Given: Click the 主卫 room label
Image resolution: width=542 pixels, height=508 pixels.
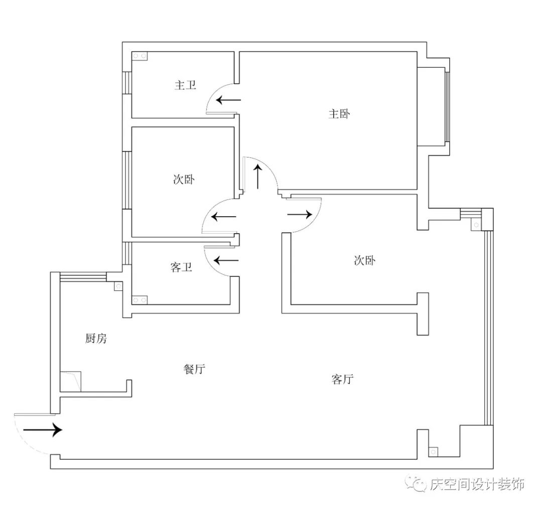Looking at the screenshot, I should (185, 85).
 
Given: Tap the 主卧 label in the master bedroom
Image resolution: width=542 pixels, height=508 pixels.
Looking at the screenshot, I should (339, 114).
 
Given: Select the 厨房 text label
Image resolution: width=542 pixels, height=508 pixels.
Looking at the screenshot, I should (95, 339).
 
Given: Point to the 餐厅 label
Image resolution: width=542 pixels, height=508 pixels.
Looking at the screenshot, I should (194, 370).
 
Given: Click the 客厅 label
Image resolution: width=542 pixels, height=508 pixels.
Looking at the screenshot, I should (343, 379).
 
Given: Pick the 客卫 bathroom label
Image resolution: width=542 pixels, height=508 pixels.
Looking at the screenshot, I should (181, 268).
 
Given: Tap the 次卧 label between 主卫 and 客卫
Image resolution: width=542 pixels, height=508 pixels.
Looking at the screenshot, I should (183, 180).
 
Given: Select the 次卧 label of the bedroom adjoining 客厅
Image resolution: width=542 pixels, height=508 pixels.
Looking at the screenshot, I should (365, 261).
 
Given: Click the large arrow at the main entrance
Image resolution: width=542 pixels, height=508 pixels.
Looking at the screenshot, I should (42, 430).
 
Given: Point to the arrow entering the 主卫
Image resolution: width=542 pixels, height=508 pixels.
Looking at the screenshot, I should (228, 100).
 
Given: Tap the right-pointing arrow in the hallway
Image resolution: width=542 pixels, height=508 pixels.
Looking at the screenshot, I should (299, 215).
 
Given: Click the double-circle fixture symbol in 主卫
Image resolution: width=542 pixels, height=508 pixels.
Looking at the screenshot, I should (140, 56).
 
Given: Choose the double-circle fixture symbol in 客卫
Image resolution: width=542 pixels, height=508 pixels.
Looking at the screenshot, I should (140, 300).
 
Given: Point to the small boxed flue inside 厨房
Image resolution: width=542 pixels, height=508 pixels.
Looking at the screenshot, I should (118, 287).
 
